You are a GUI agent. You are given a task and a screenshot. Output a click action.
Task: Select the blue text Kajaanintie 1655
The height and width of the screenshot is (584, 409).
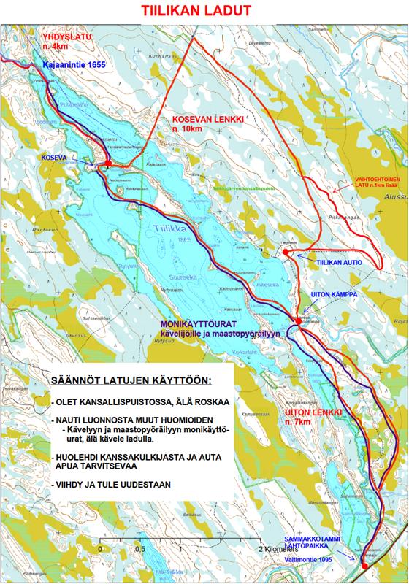pos(74,65)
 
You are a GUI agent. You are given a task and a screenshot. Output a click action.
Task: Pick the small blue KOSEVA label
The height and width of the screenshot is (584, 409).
pos(55,157)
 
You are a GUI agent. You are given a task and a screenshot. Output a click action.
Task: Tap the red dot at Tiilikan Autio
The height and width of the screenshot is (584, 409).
pos(286,252)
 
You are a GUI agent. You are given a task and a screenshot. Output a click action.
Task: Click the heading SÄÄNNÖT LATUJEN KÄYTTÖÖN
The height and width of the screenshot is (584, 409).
pos(130,381)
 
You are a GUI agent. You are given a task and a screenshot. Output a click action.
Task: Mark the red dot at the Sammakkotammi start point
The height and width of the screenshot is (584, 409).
pos(364,565)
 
